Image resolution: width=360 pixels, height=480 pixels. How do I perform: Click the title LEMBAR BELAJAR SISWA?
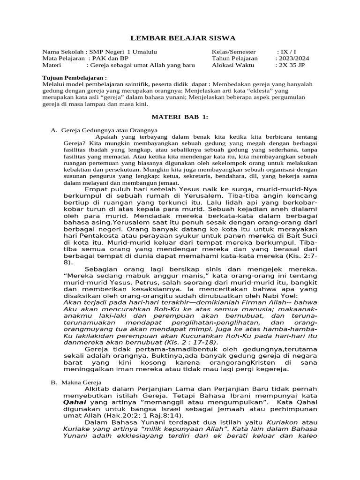183,38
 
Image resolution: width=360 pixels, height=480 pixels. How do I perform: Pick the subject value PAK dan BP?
111,59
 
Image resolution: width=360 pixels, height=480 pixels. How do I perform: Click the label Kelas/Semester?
234,52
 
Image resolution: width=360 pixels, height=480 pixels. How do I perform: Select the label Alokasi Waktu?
233,66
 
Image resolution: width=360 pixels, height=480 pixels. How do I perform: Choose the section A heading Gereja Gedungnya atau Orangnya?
109,130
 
